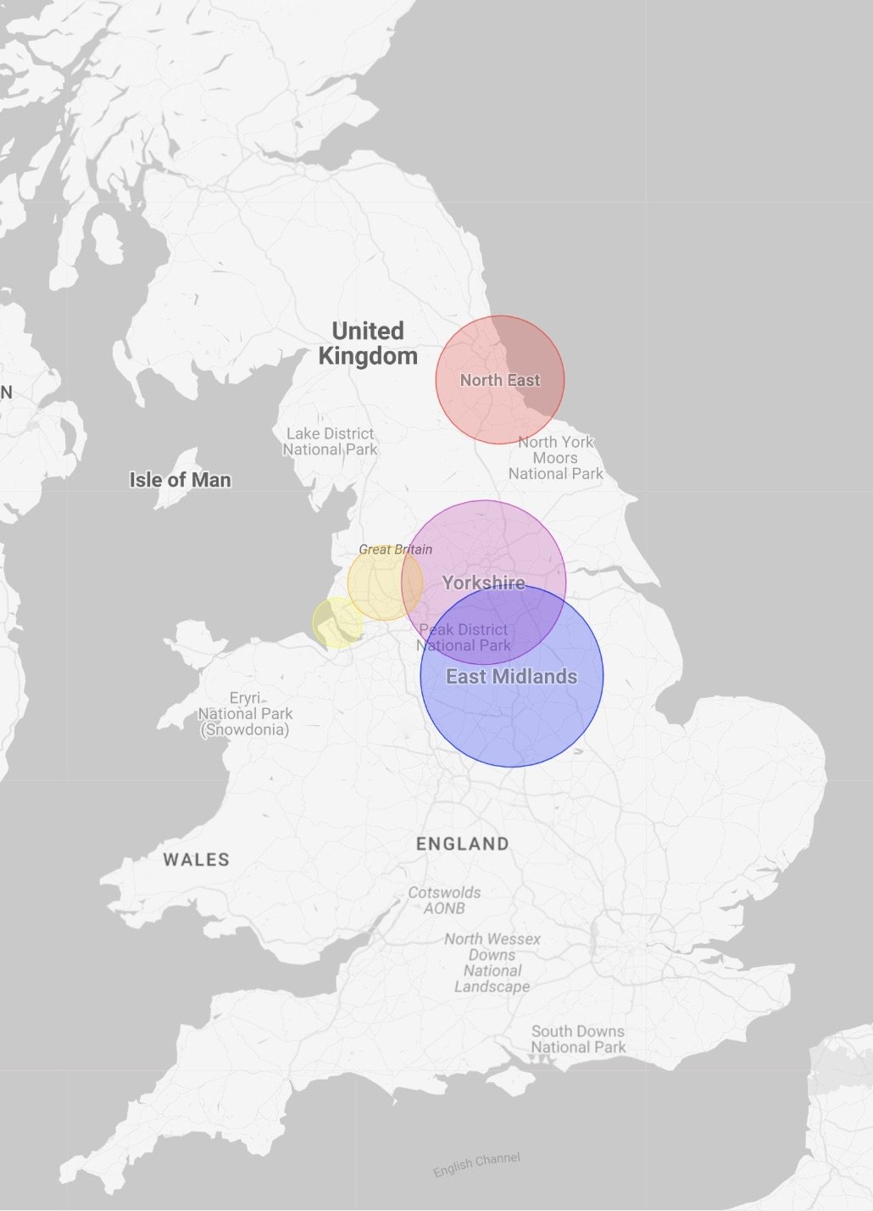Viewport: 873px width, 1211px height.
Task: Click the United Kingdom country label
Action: pos(368,343)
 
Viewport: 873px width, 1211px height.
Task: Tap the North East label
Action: pos(500,381)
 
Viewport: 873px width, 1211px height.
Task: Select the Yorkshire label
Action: pos(483,583)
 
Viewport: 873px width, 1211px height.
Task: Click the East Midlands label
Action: pos(511,677)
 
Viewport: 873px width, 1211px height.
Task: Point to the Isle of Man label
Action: pos(180,480)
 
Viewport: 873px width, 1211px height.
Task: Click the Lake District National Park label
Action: pos(330,442)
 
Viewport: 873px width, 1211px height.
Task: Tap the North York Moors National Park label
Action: pos(556,458)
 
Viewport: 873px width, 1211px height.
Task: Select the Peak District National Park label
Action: pos(464,638)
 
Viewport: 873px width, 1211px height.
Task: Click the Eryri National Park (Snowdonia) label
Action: pos(245,713)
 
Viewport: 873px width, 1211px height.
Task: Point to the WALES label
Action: pos(197,860)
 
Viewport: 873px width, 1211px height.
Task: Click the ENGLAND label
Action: pos(463,844)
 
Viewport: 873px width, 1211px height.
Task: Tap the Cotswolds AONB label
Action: pos(444,901)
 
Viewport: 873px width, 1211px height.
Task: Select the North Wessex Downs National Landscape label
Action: pos(492,963)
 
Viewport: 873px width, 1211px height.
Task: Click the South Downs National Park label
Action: pos(578,1040)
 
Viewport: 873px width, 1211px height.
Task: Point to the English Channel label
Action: pos(476,1164)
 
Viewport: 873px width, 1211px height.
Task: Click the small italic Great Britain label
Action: pos(395,550)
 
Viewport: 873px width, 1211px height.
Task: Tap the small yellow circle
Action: pos(336,623)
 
